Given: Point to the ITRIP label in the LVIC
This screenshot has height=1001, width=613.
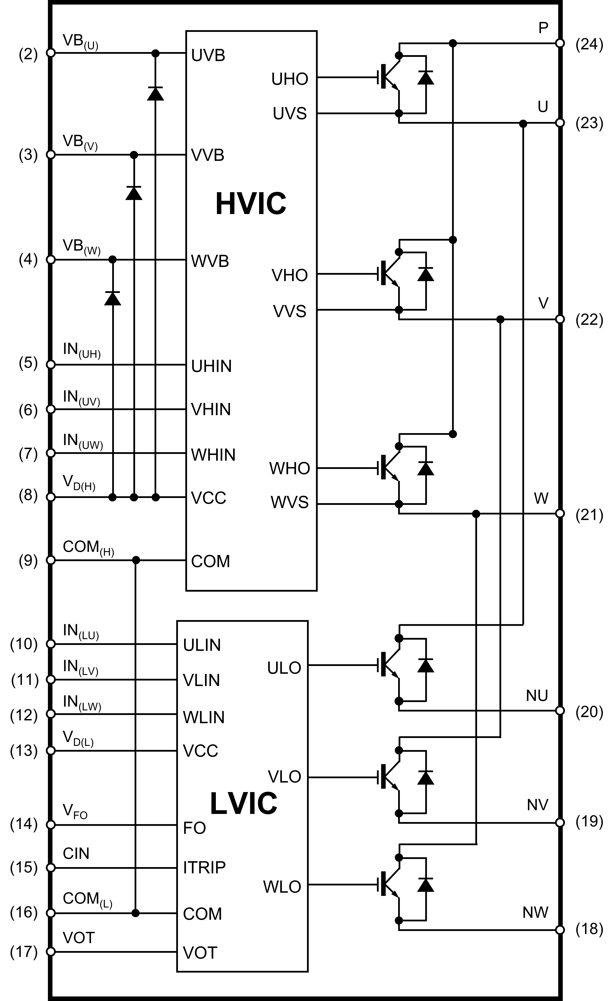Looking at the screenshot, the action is tap(204, 867).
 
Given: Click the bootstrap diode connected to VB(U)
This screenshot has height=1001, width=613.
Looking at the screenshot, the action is tap(155, 93).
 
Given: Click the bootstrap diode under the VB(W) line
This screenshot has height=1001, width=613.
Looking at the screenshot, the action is tap(113, 298).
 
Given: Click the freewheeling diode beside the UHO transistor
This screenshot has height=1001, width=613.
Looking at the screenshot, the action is tap(426, 77).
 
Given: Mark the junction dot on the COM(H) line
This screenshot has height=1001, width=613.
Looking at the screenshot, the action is tap(136, 560).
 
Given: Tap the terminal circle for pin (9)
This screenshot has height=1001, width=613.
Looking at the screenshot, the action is tap(51, 560).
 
